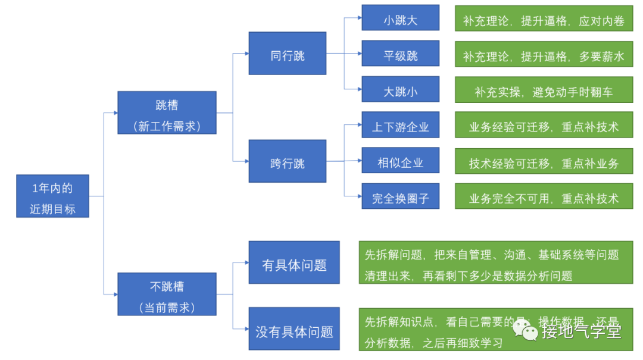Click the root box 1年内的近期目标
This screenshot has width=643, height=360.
click(52, 196)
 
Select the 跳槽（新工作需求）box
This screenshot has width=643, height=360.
click(167, 112)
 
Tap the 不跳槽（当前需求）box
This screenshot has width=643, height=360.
click(167, 294)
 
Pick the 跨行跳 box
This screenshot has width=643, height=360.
click(287, 161)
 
